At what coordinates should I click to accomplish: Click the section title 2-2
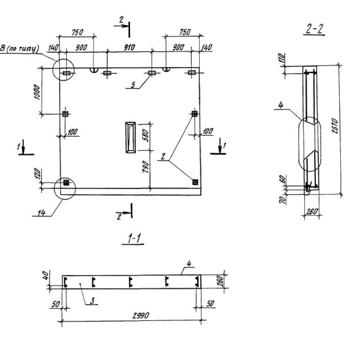314,29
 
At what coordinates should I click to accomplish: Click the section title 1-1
134,238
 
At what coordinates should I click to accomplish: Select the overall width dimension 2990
141,316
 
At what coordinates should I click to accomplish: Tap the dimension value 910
130,48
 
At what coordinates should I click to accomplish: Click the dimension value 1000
37,92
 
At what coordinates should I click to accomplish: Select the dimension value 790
145,166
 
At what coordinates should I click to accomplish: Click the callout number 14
41,213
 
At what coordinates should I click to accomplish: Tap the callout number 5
133,85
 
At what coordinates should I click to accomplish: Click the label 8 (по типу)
19,49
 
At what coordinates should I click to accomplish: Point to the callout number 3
92,301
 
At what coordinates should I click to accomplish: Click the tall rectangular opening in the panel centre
130,137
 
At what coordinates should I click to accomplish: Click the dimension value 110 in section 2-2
282,59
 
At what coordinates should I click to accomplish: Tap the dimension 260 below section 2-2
312,211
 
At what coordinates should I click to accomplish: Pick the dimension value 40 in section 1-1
45,275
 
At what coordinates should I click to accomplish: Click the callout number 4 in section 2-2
280,105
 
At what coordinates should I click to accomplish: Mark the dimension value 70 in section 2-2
283,199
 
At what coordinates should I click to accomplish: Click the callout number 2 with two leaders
163,156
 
